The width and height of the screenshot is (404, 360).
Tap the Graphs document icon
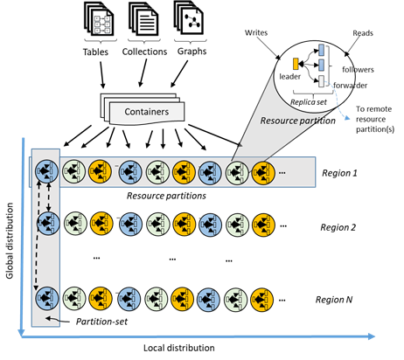(190, 23)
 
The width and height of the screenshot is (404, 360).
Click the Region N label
(340, 299)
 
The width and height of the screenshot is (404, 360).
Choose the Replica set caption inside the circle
(311, 100)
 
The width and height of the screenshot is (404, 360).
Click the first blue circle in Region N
(45, 299)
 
